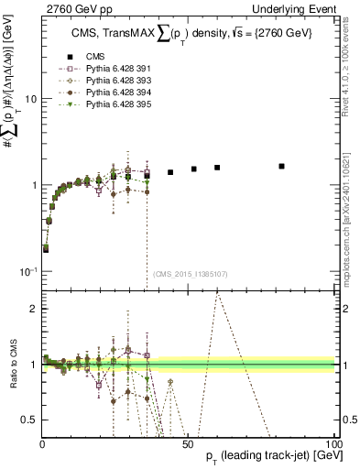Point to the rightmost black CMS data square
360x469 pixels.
click(x=281, y=166)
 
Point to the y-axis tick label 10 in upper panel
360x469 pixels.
click(x=29, y=98)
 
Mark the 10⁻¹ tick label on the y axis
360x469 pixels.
click(x=27, y=271)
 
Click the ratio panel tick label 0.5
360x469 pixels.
click(x=29, y=420)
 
